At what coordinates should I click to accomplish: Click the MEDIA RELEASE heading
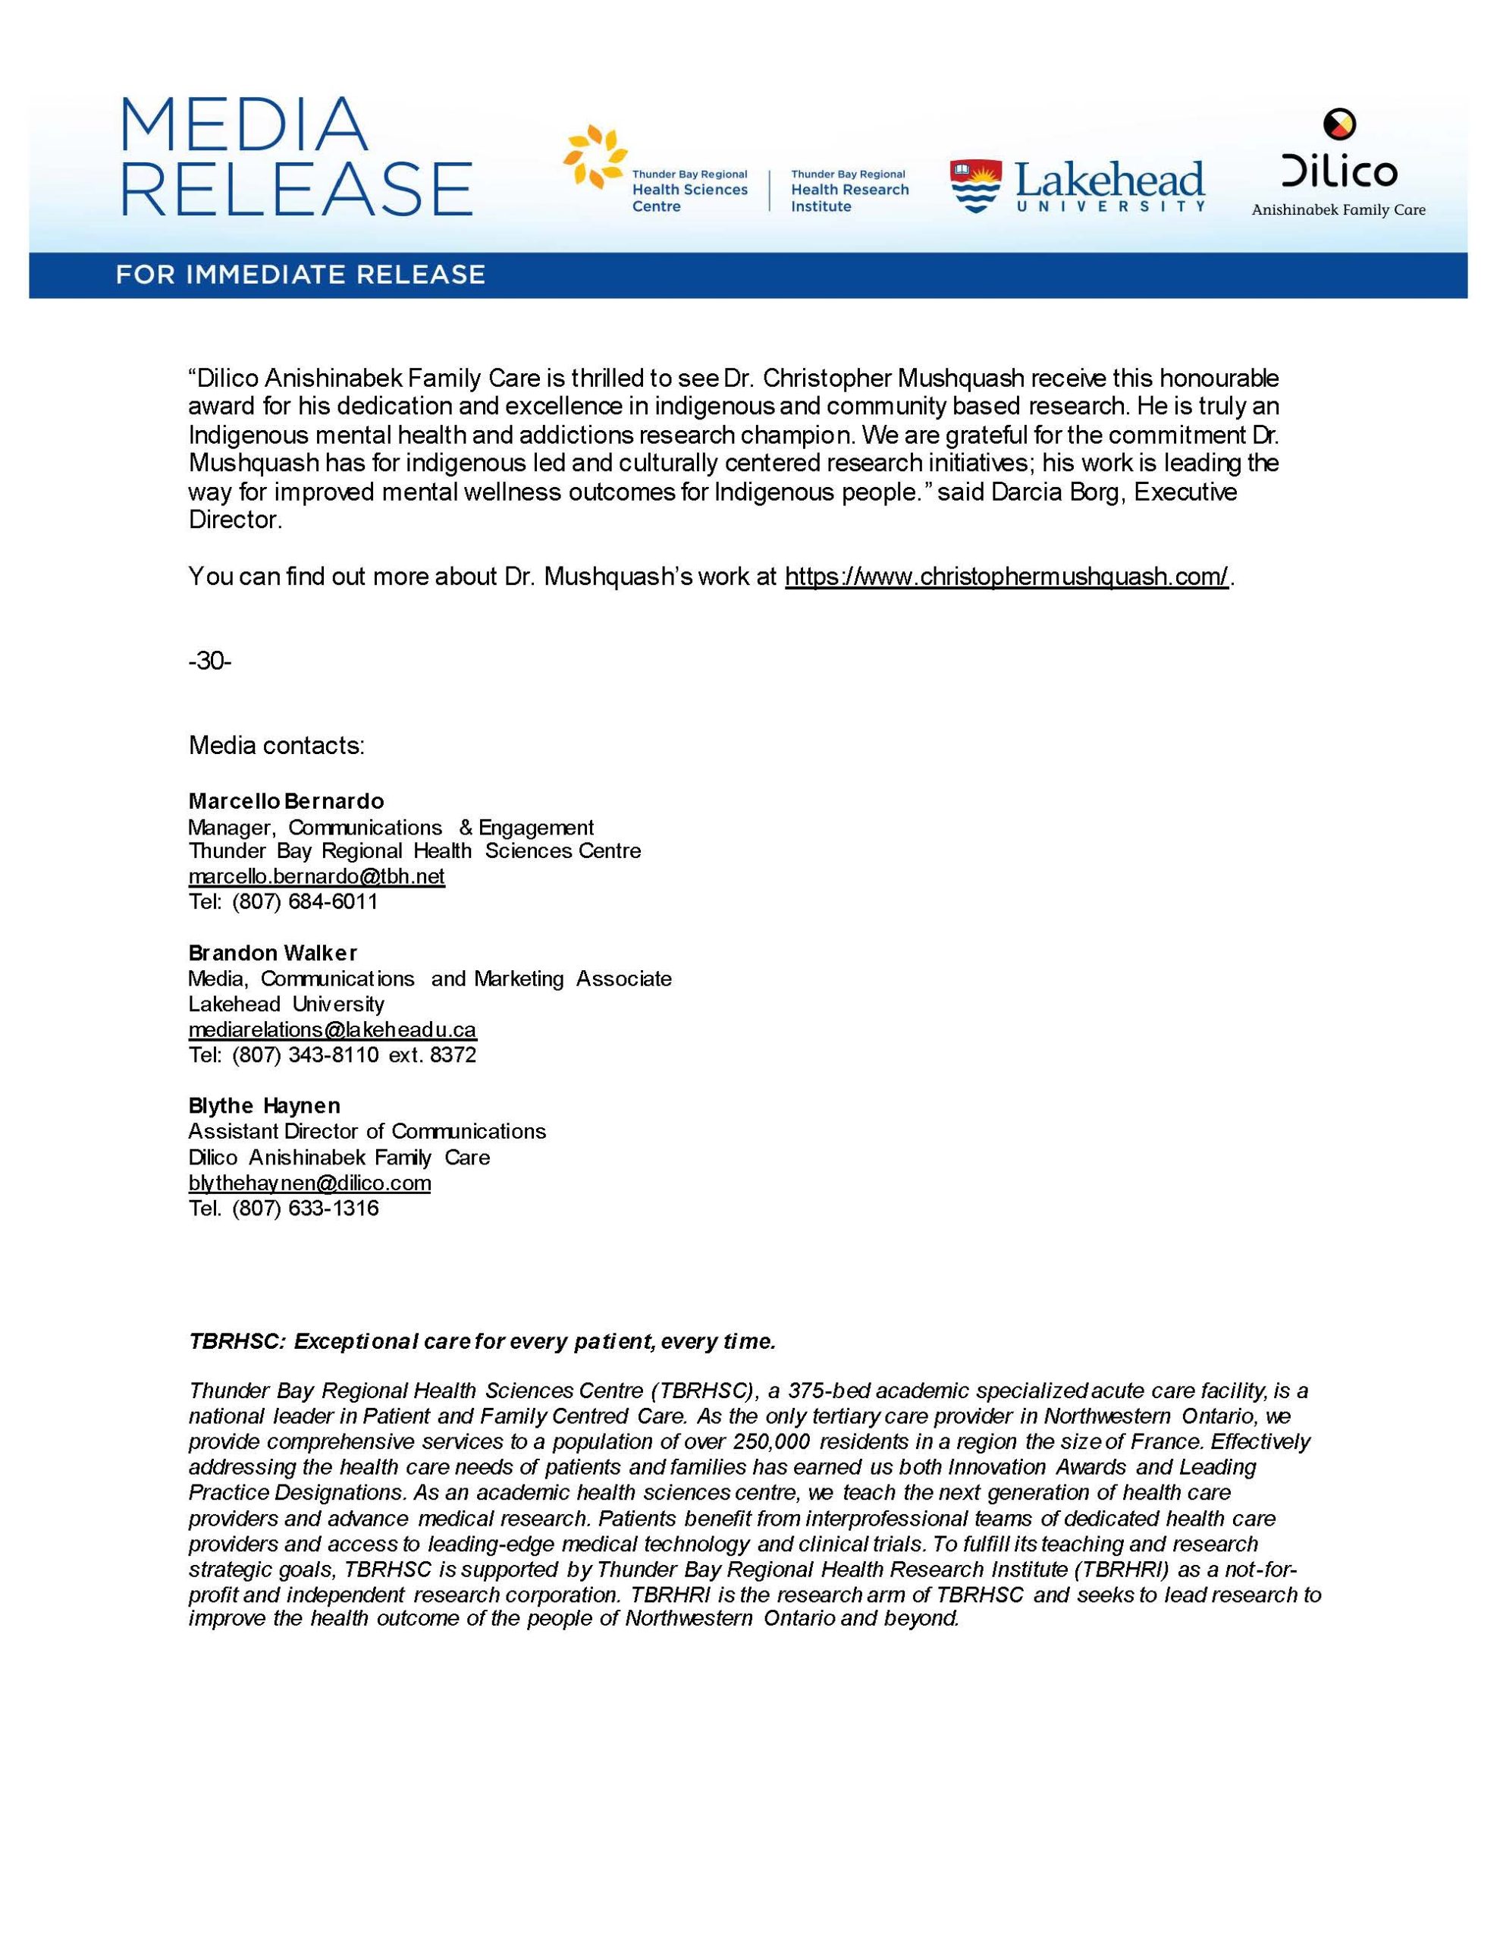point(295,157)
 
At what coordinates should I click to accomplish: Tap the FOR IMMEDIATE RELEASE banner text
point(300,275)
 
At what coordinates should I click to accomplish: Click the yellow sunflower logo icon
point(594,156)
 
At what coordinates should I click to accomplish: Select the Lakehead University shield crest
point(975,187)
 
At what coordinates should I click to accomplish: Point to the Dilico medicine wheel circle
point(1339,124)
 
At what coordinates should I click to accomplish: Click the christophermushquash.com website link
point(1006,577)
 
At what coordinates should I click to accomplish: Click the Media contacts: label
point(277,745)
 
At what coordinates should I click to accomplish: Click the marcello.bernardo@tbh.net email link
point(316,877)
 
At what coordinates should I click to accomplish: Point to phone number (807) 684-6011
point(305,902)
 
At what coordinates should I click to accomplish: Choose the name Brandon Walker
point(273,954)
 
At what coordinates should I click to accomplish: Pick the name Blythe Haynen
point(264,1106)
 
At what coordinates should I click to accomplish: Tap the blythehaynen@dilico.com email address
point(309,1183)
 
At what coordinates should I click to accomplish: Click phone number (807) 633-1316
point(305,1208)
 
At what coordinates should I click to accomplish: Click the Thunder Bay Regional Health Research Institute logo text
point(849,190)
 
